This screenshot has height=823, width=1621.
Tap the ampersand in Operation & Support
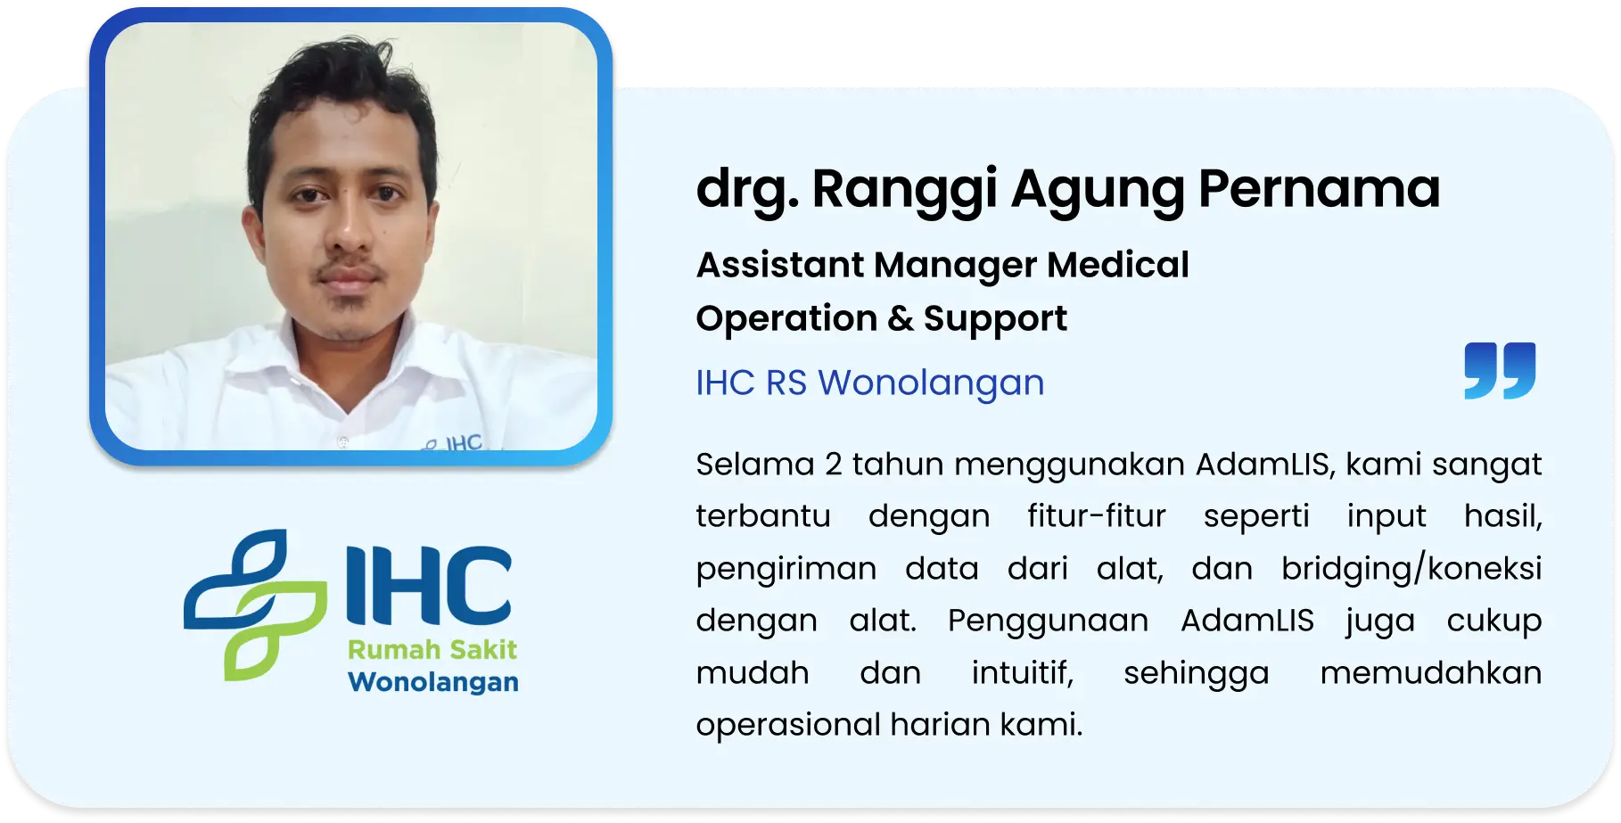pos(901,318)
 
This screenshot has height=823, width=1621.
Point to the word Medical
pos(1118,265)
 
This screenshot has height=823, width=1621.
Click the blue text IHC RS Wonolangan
pos(870,383)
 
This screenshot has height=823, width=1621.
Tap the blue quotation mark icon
pos(1500,370)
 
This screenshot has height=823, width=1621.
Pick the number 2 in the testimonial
pos(834,465)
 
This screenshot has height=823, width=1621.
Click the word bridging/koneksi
pos(1411,569)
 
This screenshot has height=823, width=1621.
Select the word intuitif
pos(1023,672)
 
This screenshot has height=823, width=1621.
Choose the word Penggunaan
pos(1048,621)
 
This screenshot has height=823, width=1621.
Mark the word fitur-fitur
pos(1096,516)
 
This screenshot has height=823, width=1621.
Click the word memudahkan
pos(1431,672)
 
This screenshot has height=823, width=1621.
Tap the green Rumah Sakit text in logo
pos(432,649)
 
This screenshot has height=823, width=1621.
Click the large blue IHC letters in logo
pos(429,584)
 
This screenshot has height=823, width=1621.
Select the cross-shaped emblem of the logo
pos(256,605)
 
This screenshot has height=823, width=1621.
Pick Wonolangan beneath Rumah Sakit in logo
pos(433,682)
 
